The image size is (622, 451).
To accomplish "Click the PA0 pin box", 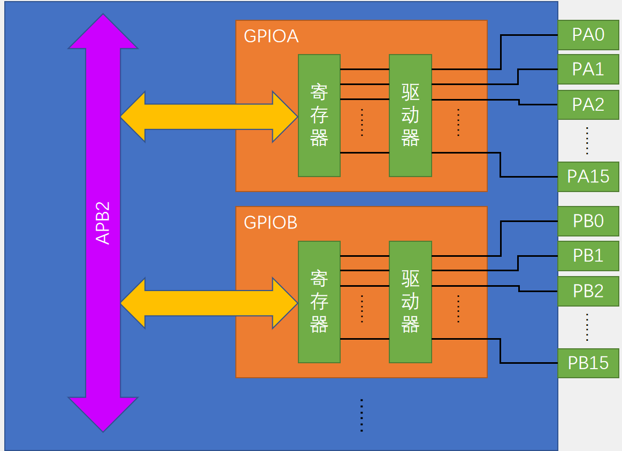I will [x=588, y=35].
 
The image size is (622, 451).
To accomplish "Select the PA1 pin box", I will [x=588, y=70].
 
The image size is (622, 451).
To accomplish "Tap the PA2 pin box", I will [x=588, y=104].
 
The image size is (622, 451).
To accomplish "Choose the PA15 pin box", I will [x=588, y=176].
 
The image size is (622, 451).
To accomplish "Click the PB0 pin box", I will [x=588, y=221].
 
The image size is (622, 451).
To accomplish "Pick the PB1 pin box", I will [x=588, y=256].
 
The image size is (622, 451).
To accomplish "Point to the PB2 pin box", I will [x=588, y=291].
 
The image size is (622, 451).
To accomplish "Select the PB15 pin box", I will [x=588, y=363].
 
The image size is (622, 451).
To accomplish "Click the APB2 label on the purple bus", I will [x=103, y=223].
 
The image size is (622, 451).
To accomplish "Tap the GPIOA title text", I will [x=271, y=36].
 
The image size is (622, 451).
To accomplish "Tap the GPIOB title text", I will [x=271, y=222].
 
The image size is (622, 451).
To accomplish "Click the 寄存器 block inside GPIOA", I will [x=319, y=116].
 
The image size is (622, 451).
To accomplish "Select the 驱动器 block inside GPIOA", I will [x=410, y=116].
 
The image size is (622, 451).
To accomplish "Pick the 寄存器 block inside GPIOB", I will [x=319, y=302].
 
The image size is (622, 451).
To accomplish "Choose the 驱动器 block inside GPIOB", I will [x=410, y=302].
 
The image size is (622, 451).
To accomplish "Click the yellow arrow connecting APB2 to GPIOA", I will [x=209, y=117].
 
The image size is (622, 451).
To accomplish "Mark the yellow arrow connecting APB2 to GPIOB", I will [x=209, y=303].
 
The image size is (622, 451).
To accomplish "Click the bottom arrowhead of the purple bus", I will [x=103, y=413].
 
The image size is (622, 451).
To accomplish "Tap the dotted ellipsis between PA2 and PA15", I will [x=587, y=140].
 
